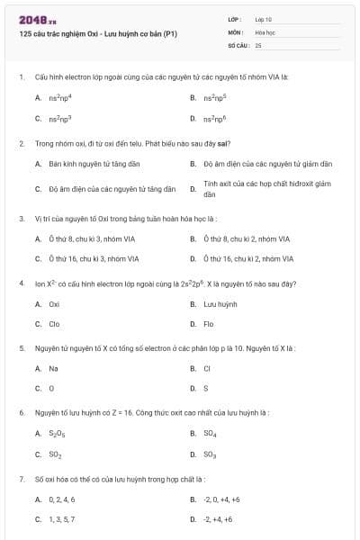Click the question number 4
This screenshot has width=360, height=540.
coord(20,283)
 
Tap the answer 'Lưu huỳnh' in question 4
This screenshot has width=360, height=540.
coord(220,304)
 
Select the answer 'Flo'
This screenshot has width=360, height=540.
coord(209,323)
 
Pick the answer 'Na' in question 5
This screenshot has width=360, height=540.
coord(54,368)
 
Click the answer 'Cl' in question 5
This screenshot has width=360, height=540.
coord(207,368)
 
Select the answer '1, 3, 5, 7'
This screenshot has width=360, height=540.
coord(62,519)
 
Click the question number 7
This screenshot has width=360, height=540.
coord(20,478)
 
